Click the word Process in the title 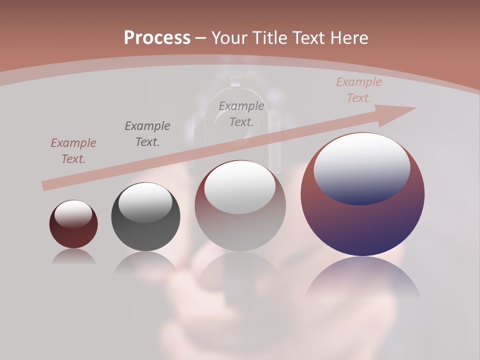coord(157,37)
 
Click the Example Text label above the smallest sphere coord(73,151)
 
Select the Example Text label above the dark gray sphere coord(147,133)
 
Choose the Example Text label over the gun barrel coord(241,113)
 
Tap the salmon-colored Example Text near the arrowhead coord(358,90)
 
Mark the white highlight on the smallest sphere coord(73,213)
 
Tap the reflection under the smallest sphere coord(73,257)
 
